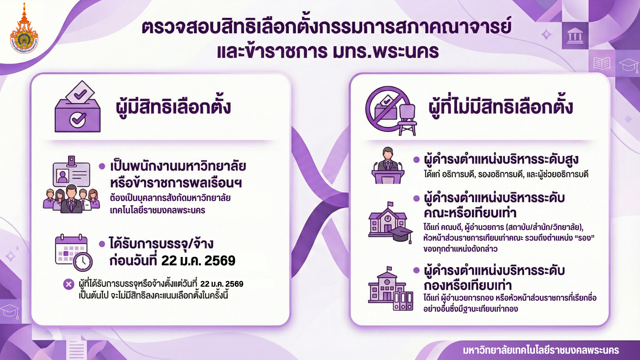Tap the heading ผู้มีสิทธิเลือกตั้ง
click(x=173, y=106)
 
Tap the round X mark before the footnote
click(x=69, y=284)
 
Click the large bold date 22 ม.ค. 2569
click(x=198, y=261)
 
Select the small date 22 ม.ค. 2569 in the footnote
click(x=222, y=284)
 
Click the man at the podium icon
click(x=388, y=165)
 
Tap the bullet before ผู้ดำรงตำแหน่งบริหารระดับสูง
click(x=416, y=160)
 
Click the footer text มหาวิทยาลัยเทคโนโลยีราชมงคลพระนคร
click(x=541, y=350)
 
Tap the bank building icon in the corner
click(x=575, y=35)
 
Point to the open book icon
click(x=602, y=63)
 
